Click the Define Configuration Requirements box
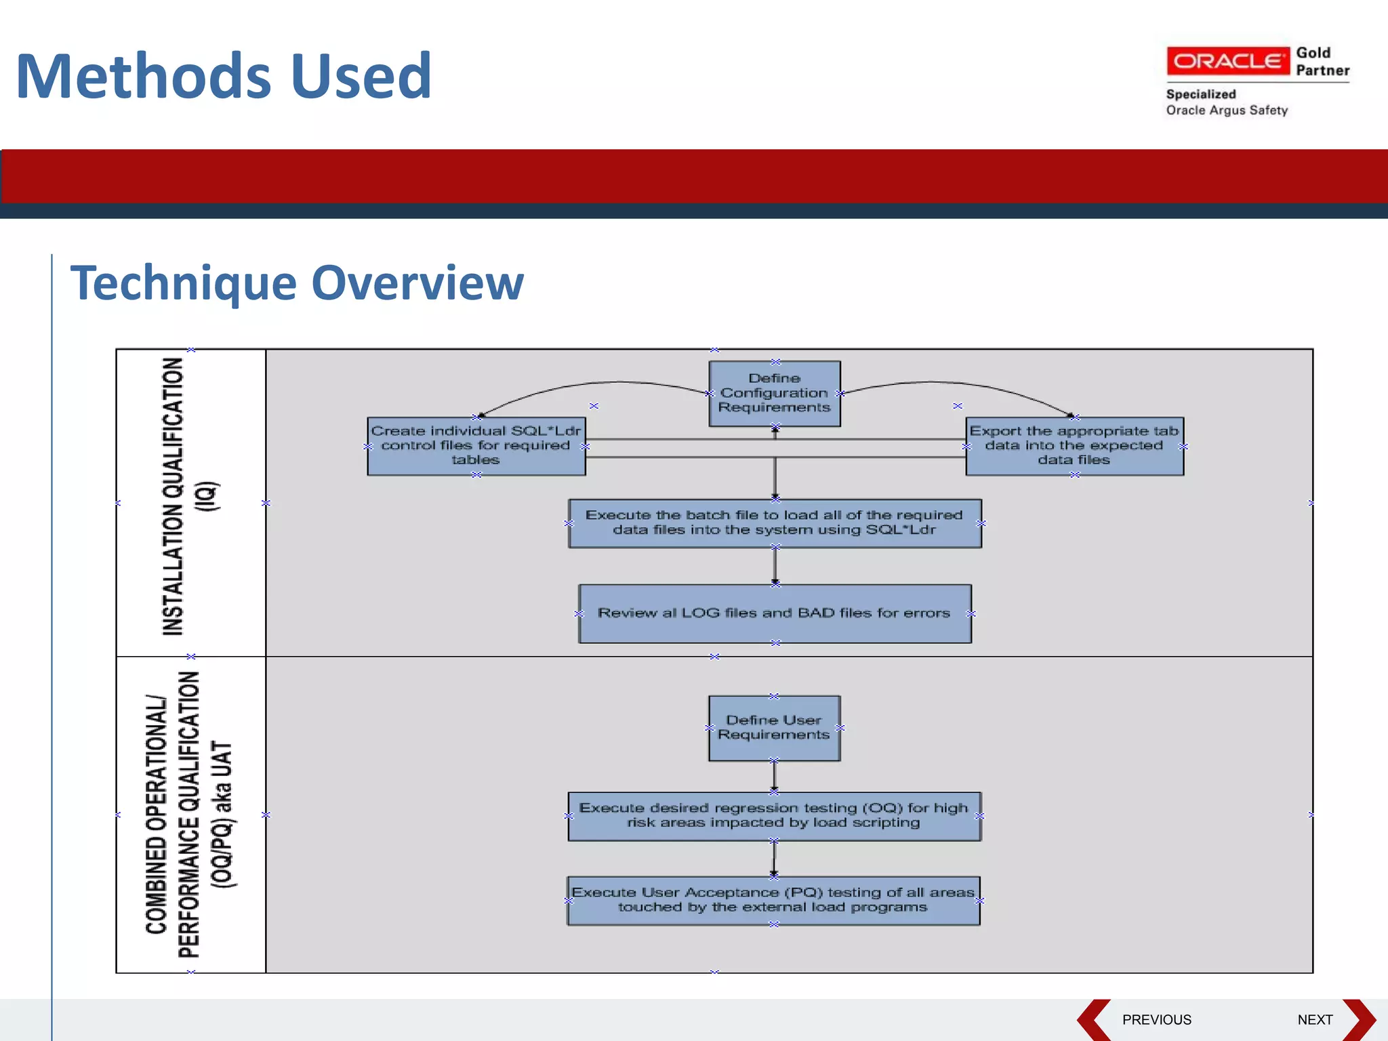click(775, 393)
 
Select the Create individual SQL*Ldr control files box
click(476, 446)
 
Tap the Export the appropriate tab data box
click(1074, 446)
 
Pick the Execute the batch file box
click(775, 523)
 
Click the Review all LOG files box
click(775, 613)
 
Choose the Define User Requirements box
click(774, 728)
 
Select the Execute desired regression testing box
click(774, 816)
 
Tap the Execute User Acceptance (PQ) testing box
click(773, 900)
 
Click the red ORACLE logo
click(1227, 61)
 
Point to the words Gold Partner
click(1322, 62)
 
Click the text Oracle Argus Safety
click(1227, 110)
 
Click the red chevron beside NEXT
click(1360, 1019)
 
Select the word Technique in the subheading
click(183, 283)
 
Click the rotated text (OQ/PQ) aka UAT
click(222, 814)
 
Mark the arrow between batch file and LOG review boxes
click(775, 566)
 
